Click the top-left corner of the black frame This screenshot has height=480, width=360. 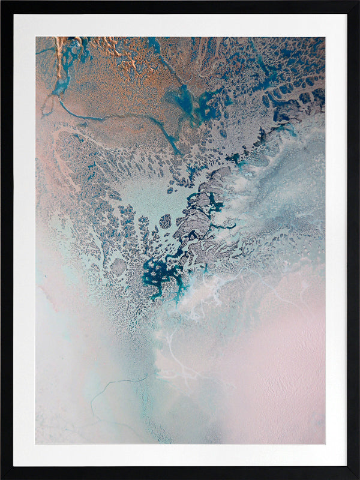[1, 1]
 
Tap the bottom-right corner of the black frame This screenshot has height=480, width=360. [358, 478]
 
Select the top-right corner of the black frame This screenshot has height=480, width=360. [358, 1]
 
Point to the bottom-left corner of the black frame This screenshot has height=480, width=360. [1, 478]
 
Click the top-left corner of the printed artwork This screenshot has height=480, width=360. [35, 37]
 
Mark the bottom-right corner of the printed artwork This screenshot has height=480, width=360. [325, 444]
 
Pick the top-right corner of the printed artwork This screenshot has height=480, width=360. [325, 37]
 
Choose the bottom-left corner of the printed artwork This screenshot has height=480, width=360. [35, 444]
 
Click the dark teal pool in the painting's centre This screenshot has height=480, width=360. [157, 273]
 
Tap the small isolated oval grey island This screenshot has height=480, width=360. [165, 221]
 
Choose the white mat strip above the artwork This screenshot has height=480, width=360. [180, 25]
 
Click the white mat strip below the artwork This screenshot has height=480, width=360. [180, 455]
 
